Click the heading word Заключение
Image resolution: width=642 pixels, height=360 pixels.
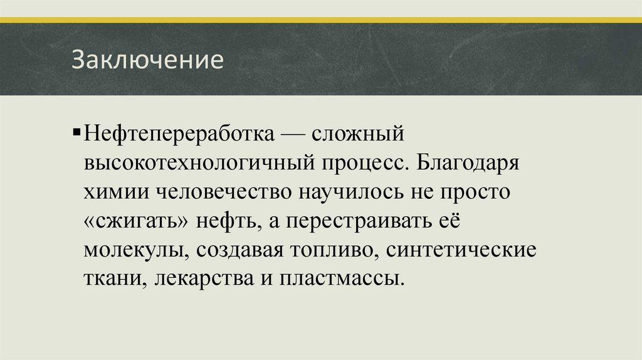pos(147,61)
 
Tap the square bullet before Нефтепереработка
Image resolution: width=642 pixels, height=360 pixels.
pos(76,133)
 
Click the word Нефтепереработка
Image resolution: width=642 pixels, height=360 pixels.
pos(179,134)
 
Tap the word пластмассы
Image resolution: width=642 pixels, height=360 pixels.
pos(339,278)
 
